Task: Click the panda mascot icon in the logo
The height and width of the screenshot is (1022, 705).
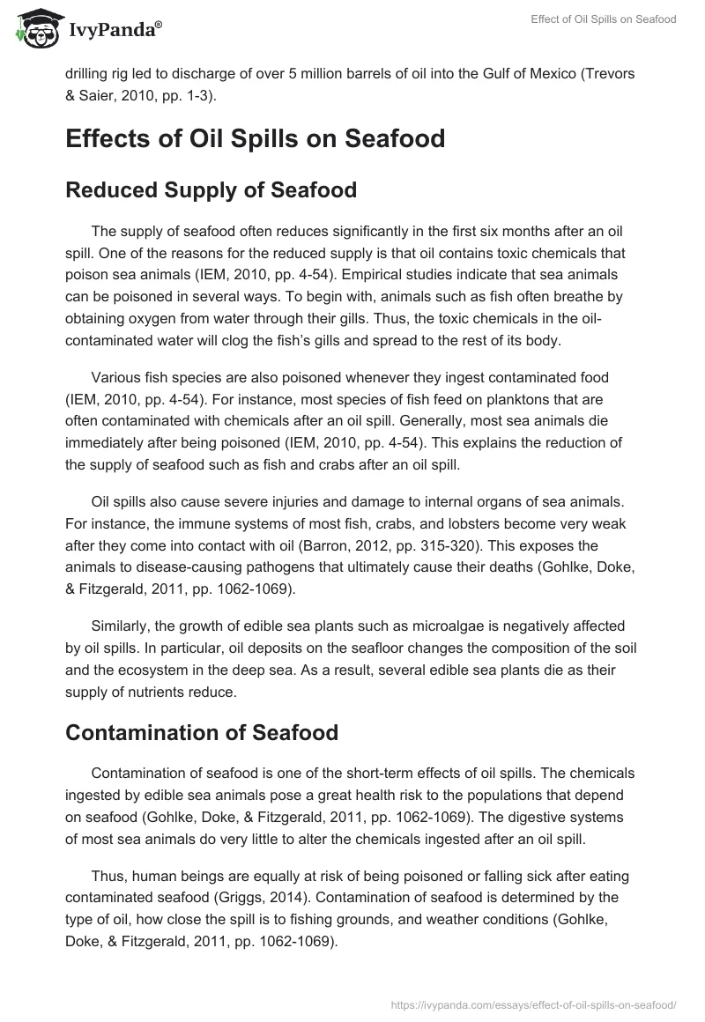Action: pyautogui.click(x=33, y=27)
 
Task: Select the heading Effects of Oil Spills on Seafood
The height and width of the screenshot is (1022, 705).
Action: pyautogui.click(x=255, y=139)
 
